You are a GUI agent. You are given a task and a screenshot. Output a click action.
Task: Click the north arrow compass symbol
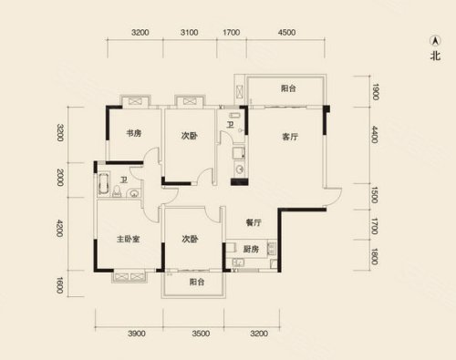coord(435,40)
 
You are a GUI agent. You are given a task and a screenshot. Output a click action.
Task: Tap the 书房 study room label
coord(134,133)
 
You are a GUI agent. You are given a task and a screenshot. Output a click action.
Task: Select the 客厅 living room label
coord(290,137)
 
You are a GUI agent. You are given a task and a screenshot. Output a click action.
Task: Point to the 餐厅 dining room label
coord(254,222)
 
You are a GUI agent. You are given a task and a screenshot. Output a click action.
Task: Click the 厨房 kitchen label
coord(251,249)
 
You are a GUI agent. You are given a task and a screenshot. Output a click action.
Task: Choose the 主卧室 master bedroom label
coord(128,239)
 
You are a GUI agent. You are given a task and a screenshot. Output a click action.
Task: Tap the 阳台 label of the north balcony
coord(288,88)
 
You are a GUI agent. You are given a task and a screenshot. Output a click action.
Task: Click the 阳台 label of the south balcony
coord(197,283)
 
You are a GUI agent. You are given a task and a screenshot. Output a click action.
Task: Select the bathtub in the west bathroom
coord(103,184)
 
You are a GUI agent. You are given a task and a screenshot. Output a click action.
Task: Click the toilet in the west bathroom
coord(117,191)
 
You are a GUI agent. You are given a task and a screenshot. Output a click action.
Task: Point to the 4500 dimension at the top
coord(286,32)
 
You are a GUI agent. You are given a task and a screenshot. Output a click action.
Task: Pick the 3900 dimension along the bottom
coord(137,334)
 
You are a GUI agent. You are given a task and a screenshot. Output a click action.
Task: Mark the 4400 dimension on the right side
coord(375,135)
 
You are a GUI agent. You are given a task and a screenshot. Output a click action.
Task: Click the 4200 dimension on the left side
coord(59,229)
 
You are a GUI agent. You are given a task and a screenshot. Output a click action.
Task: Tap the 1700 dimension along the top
coord(232,32)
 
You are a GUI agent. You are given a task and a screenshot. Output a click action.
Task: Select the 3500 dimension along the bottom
coord(201,334)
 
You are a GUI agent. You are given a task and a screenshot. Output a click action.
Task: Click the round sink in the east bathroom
coord(240,170)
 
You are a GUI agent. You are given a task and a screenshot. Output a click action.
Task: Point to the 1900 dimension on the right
coord(375,92)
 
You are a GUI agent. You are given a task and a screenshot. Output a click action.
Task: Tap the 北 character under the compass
coord(435,56)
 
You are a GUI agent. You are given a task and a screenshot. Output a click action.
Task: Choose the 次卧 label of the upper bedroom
coord(189,136)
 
